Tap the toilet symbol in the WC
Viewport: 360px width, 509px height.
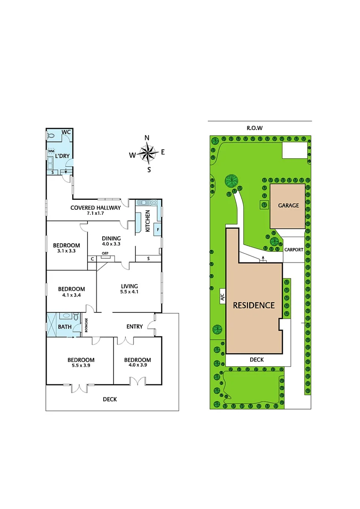point(52,136)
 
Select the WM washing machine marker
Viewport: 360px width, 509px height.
point(51,150)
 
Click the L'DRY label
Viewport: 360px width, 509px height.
point(63,156)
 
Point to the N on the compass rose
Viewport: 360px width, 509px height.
point(147,138)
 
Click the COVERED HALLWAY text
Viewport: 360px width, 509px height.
point(96,207)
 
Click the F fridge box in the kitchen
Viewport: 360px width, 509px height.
point(157,230)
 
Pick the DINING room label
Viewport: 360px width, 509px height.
point(111,238)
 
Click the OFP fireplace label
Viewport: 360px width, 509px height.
point(105,254)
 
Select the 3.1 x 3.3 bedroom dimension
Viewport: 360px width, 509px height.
point(66,251)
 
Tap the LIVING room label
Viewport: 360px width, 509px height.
point(129,286)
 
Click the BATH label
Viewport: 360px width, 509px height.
point(65,326)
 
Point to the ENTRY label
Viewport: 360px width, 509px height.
point(135,327)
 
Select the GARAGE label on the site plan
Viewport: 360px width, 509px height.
point(288,205)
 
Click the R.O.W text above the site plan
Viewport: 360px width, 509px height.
point(254,128)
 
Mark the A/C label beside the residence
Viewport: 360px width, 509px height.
point(221,296)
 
